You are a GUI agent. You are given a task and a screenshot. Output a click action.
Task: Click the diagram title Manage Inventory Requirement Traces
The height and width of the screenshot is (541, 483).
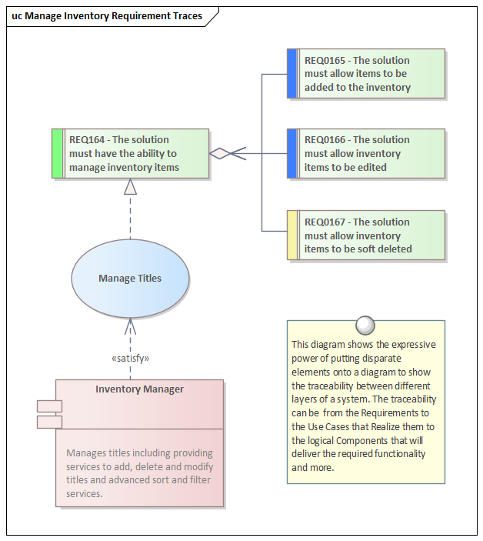coord(107,15)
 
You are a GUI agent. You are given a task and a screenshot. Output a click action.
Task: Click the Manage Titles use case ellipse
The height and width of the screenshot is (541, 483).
coord(130,278)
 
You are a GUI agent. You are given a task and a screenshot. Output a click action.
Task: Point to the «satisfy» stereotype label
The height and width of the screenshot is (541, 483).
coord(130,358)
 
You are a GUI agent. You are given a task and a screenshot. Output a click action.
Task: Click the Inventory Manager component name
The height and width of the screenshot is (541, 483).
coord(139,389)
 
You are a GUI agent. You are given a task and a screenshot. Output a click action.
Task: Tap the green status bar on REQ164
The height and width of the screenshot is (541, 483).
coord(57,153)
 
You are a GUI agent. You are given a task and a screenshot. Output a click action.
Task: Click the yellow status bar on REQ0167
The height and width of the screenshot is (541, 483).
coord(291,235)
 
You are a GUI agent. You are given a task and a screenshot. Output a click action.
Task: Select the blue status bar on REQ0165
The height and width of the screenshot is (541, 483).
coord(291,74)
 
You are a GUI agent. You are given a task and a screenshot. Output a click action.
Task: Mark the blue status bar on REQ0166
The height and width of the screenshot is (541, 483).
coord(291,153)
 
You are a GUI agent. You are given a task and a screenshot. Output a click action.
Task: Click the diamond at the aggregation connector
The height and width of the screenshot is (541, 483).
coord(221,153)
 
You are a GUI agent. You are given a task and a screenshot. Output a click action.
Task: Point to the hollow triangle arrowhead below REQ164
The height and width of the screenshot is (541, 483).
coord(130,186)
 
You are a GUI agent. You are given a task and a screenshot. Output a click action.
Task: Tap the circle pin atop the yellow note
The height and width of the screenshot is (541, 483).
coord(366,322)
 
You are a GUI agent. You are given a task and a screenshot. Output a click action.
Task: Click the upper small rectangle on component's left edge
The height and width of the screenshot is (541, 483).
coord(49,406)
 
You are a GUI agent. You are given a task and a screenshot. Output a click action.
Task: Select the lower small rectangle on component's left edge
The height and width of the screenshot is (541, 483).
coord(49,422)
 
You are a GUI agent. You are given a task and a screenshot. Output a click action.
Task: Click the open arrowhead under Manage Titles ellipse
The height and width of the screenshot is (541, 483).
coord(130,323)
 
